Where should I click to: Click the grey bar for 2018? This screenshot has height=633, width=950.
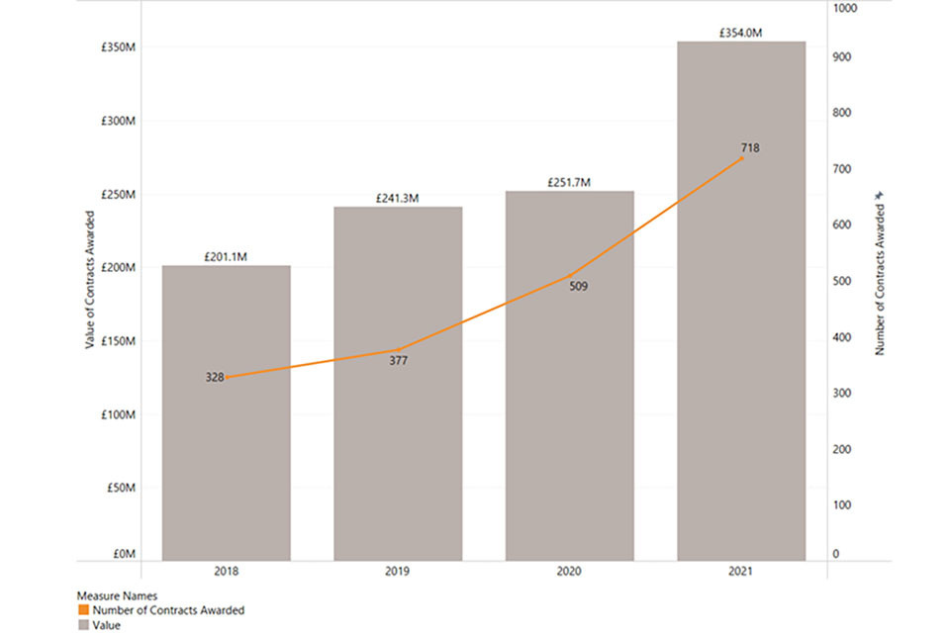tap(226, 465)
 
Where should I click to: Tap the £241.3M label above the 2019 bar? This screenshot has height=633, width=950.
tap(398, 199)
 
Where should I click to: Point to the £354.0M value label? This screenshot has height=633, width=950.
tap(741, 33)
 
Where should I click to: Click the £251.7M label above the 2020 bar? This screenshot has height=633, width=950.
tap(569, 183)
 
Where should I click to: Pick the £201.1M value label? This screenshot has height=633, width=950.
tap(226, 257)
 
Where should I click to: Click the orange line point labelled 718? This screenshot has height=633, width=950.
tap(742, 158)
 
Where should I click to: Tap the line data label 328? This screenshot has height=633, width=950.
tap(215, 377)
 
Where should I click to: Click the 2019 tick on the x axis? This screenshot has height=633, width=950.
tap(398, 572)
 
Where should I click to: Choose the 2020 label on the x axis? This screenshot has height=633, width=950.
tap(569, 572)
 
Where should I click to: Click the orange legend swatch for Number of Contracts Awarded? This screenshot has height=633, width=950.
tap(82, 610)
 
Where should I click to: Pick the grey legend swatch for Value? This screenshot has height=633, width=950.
tap(82, 625)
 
